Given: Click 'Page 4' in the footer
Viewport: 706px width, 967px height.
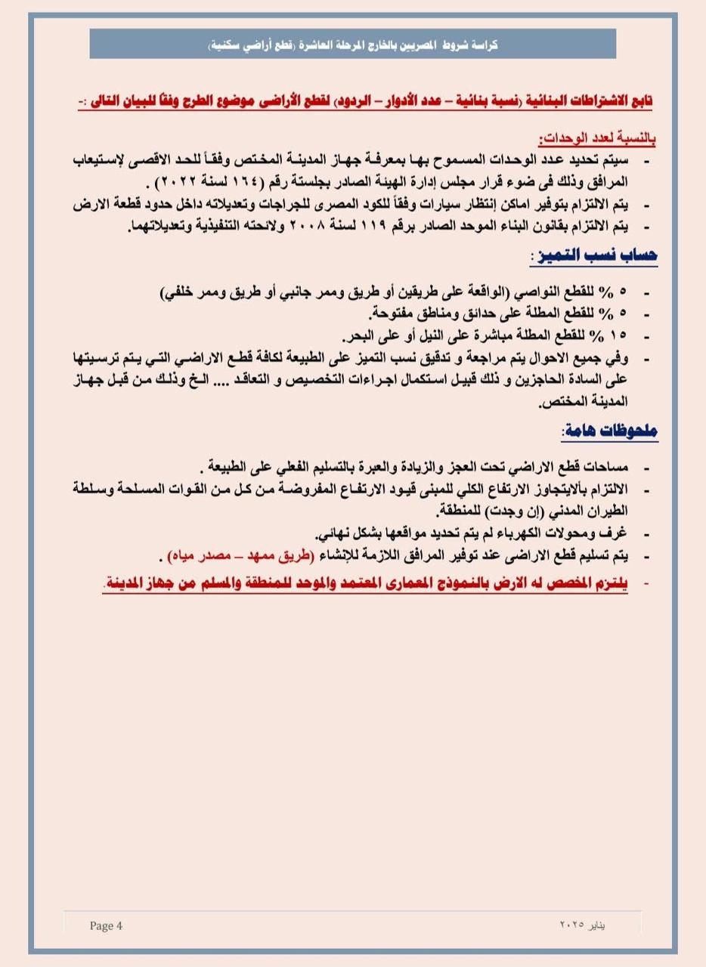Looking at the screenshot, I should pyautogui.click(x=106, y=925).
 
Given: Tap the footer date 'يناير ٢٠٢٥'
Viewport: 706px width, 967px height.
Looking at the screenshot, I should pyautogui.click(x=584, y=925).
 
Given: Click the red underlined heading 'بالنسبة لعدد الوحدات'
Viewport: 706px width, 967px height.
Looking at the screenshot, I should pyautogui.click(x=596, y=140).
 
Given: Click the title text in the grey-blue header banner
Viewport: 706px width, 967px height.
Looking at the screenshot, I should pyautogui.click(x=353, y=45).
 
